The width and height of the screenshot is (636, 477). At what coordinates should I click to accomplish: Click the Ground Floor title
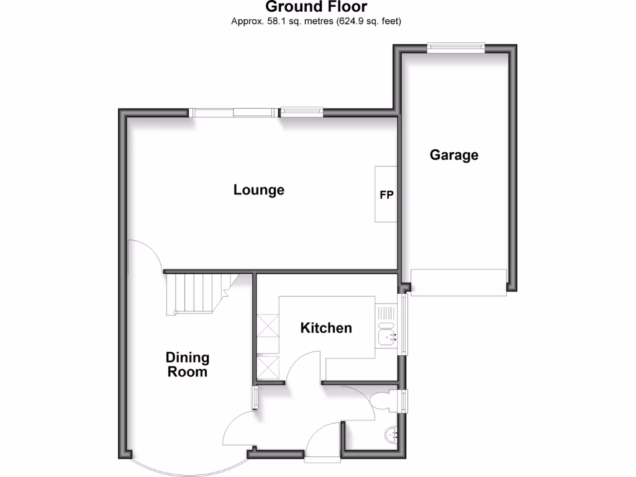[x=317, y=7]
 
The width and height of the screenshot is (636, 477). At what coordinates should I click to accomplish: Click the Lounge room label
[x=259, y=189]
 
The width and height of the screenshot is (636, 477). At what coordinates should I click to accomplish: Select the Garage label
[x=454, y=155]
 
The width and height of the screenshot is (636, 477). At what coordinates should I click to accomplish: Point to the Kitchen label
[x=326, y=327]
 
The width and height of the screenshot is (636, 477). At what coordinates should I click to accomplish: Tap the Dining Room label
[x=187, y=365]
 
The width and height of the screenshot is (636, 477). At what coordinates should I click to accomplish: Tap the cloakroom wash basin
[x=391, y=434]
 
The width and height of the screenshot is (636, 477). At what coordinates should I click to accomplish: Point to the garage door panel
[x=459, y=283]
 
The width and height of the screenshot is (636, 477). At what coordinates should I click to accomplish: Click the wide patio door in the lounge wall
[x=233, y=112]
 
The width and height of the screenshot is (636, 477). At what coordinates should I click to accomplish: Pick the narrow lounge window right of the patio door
[x=302, y=112]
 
